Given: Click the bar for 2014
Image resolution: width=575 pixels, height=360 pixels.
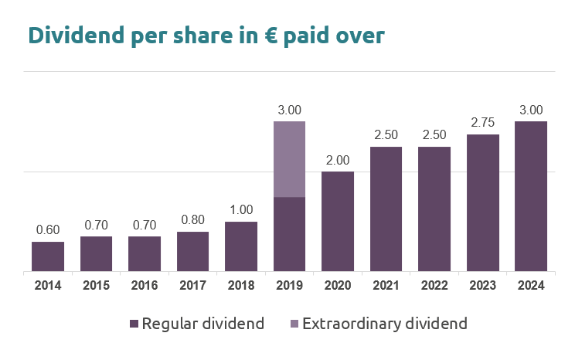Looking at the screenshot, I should [48, 256].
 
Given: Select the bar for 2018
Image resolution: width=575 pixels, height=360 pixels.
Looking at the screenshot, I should [241, 246].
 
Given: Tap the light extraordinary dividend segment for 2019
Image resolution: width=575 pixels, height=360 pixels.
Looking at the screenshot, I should [289, 158].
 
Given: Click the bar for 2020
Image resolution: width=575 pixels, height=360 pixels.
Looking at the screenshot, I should [338, 222].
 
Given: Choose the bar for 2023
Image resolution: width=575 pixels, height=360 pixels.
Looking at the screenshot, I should [482, 203].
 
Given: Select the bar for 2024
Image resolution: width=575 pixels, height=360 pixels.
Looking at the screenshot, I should [531, 196].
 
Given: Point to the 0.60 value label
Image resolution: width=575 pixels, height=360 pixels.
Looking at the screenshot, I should [48, 230].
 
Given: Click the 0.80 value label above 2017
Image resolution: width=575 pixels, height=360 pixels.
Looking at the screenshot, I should [192, 220].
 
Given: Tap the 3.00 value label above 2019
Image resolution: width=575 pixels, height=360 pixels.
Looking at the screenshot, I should [289, 110].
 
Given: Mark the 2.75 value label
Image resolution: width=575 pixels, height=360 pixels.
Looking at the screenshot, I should [482, 123].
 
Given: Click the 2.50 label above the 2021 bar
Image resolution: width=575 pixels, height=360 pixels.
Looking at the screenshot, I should [386, 135].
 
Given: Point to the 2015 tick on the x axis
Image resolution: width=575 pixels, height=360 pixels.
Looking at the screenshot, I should [96, 285].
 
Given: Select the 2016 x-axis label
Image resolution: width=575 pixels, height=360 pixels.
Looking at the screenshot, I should [145, 285].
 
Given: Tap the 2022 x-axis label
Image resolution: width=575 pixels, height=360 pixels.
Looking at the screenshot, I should [434, 285].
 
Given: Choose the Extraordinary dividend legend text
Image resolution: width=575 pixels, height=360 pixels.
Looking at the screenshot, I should [385, 324].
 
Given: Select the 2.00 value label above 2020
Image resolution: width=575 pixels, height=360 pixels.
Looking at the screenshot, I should [338, 161].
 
